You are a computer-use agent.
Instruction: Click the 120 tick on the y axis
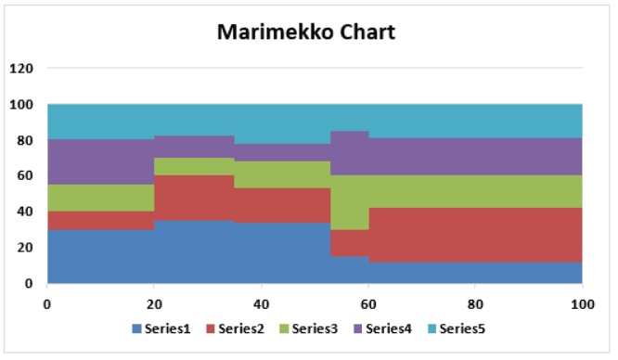coord(20,69)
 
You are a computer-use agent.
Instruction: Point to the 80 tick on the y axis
coord(24,140)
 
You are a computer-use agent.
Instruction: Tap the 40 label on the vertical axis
coord(24,212)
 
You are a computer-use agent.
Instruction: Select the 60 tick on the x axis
coord(368,302)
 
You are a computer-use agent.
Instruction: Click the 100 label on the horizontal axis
coord(582,302)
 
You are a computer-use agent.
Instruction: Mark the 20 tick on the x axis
coord(154,302)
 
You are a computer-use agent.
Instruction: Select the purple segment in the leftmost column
coord(100,162)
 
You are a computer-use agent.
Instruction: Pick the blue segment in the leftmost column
coord(100,256)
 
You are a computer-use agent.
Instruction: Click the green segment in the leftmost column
coord(100,198)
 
